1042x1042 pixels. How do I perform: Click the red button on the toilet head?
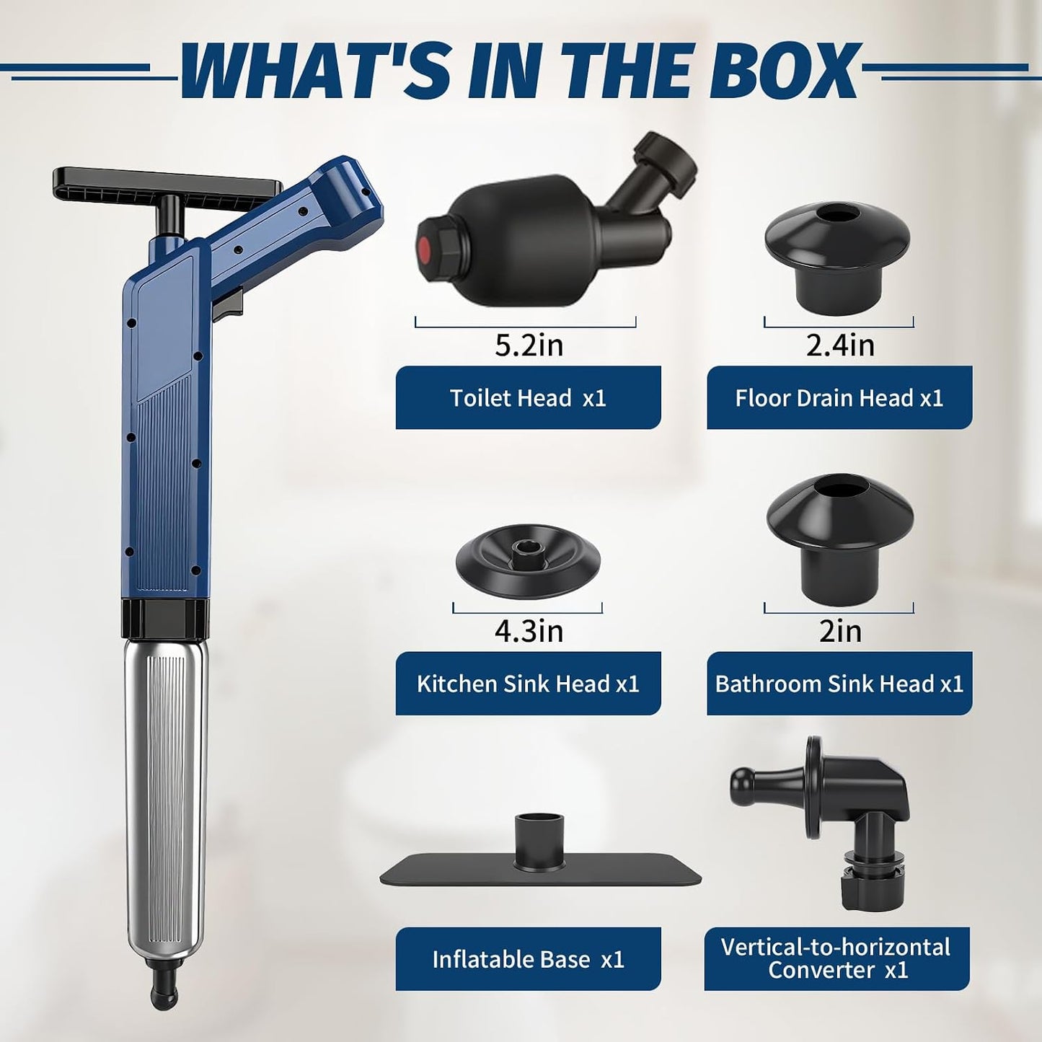click(425, 250)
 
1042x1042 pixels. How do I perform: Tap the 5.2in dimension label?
click(529, 345)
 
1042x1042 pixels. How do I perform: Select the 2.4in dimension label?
click(840, 345)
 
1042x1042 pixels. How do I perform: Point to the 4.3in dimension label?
click(529, 631)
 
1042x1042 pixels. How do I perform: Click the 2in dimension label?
click(840, 631)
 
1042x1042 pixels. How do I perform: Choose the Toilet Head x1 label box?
click(529, 398)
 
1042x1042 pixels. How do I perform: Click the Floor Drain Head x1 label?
click(839, 398)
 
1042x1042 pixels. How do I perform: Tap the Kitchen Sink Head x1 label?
click(529, 684)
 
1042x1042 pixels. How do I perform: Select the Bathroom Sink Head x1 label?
click(839, 684)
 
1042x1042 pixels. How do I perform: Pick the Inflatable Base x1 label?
click(529, 959)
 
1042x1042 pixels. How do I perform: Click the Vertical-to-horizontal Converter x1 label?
click(837, 959)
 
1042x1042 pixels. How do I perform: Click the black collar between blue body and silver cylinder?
click(165, 619)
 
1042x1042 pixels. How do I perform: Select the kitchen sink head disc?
click(529, 563)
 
